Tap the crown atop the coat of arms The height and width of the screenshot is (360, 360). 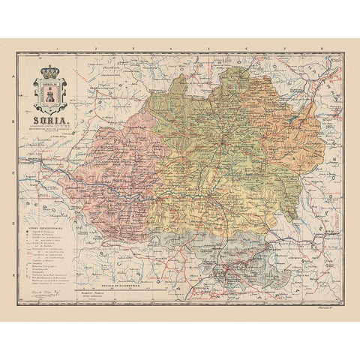(51, 73)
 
